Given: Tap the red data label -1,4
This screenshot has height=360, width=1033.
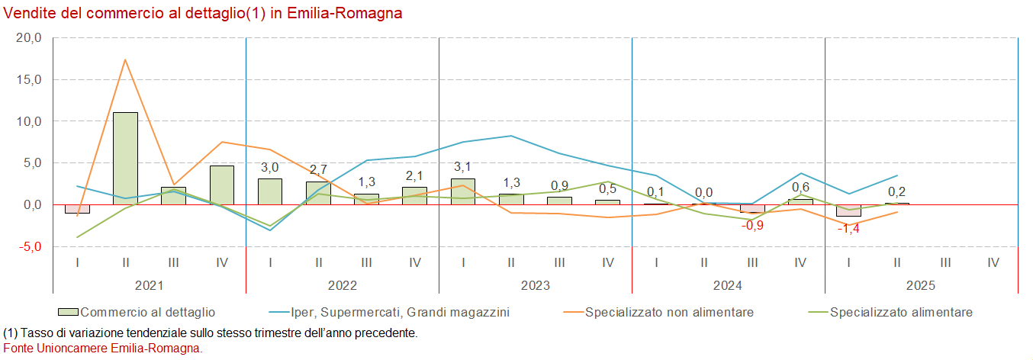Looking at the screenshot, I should tap(848, 229).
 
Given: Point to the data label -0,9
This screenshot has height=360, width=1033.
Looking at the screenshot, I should tap(752, 225).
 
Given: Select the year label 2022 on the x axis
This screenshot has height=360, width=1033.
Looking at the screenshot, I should tap(343, 285).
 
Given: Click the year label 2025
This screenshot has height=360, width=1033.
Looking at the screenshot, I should tap(921, 285).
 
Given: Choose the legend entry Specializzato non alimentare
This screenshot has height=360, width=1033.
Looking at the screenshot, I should tap(669, 312).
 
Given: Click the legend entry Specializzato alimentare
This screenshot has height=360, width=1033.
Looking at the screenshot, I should tap(901, 312).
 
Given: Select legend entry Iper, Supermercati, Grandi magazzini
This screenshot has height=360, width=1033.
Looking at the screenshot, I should tap(401, 312).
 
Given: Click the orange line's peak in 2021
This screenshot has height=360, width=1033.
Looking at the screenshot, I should tap(125, 59).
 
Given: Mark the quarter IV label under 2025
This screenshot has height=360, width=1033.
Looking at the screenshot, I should tap(993, 262).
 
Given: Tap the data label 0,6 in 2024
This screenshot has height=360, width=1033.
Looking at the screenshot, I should tap(800, 187).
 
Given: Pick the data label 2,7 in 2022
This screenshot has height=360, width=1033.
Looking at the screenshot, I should tap(318, 169).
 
